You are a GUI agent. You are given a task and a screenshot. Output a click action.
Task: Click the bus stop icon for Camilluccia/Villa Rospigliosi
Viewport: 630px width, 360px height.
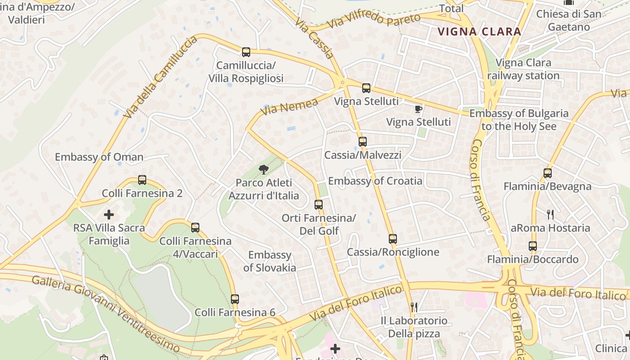(246, 52)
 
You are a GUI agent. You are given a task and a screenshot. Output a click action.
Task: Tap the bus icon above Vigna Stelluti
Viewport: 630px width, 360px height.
(366, 88)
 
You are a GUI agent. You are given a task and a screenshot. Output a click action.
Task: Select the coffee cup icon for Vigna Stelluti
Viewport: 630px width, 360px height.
(418, 109)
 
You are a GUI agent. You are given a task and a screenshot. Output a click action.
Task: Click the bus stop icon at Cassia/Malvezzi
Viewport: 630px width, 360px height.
(363, 141)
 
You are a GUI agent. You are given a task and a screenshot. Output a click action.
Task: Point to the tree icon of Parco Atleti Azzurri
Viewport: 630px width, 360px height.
(264, 169)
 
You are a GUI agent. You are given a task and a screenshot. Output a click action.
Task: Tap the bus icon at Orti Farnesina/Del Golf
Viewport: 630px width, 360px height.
(319, 204)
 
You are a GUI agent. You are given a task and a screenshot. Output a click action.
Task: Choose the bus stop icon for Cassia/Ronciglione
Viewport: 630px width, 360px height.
(393, 238)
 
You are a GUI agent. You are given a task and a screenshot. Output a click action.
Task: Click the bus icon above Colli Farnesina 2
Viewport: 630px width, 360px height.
(142, 180)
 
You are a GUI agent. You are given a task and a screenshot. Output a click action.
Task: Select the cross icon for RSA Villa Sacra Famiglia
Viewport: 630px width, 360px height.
(109, 214)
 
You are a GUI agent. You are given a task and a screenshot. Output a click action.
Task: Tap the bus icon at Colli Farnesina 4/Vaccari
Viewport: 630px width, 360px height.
(195, 227)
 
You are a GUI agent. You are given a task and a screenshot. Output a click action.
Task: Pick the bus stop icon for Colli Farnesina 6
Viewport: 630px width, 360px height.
(235, 299)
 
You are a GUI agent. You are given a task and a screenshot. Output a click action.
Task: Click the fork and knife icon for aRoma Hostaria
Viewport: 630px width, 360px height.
(550, 214)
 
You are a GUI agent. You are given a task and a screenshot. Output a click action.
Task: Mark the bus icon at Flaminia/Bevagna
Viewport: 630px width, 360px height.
(548, 173)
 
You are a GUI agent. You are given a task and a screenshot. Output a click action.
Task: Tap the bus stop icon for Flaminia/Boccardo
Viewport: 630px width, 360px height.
(533, 246)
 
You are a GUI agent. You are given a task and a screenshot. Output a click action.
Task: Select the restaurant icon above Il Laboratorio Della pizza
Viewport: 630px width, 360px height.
(414, 307)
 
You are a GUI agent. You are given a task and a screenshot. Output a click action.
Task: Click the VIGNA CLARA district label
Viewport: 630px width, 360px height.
(479, 32)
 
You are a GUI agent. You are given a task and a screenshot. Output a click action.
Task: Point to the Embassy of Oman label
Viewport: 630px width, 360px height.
(99, 157)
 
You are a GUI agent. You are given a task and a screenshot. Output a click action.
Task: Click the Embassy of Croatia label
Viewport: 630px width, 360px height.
(375, 181)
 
